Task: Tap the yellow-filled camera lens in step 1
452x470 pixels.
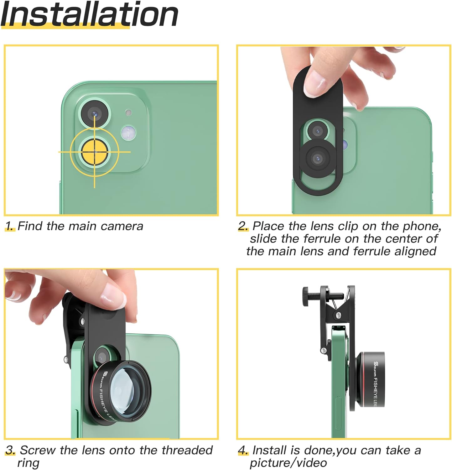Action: pyautogui.click(x=95, y=152)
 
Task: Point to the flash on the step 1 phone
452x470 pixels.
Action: pyautogui.click(x=128, y=133)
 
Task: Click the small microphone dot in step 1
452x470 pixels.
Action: pyautogui.click(x=128, y=112)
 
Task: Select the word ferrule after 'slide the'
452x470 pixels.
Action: pyautogui.click(x=321, y=239)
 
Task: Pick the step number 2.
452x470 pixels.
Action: pyautogui.click(x=243, y=226)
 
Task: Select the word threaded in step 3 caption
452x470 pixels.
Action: pyautogui.click(x=187, y=450)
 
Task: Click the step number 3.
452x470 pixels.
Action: pyautogui.click(x=10, y=451)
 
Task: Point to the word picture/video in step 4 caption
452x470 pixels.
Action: pyautogui.click(x=288, y=463)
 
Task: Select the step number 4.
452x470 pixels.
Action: pyautogui.click(x=243, y=451)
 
